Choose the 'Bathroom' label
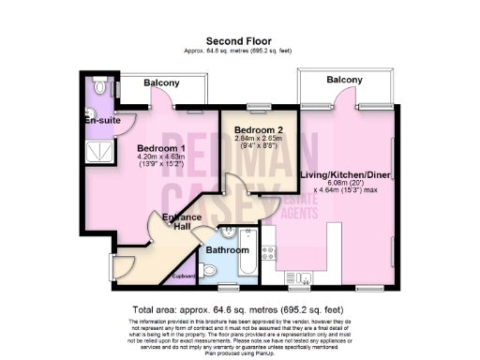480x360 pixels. [x=229, y=250]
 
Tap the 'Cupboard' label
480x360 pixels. [x=184, y=276]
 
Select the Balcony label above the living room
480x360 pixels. [x=344, y=81]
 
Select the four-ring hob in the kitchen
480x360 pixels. [x=267, y=251]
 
